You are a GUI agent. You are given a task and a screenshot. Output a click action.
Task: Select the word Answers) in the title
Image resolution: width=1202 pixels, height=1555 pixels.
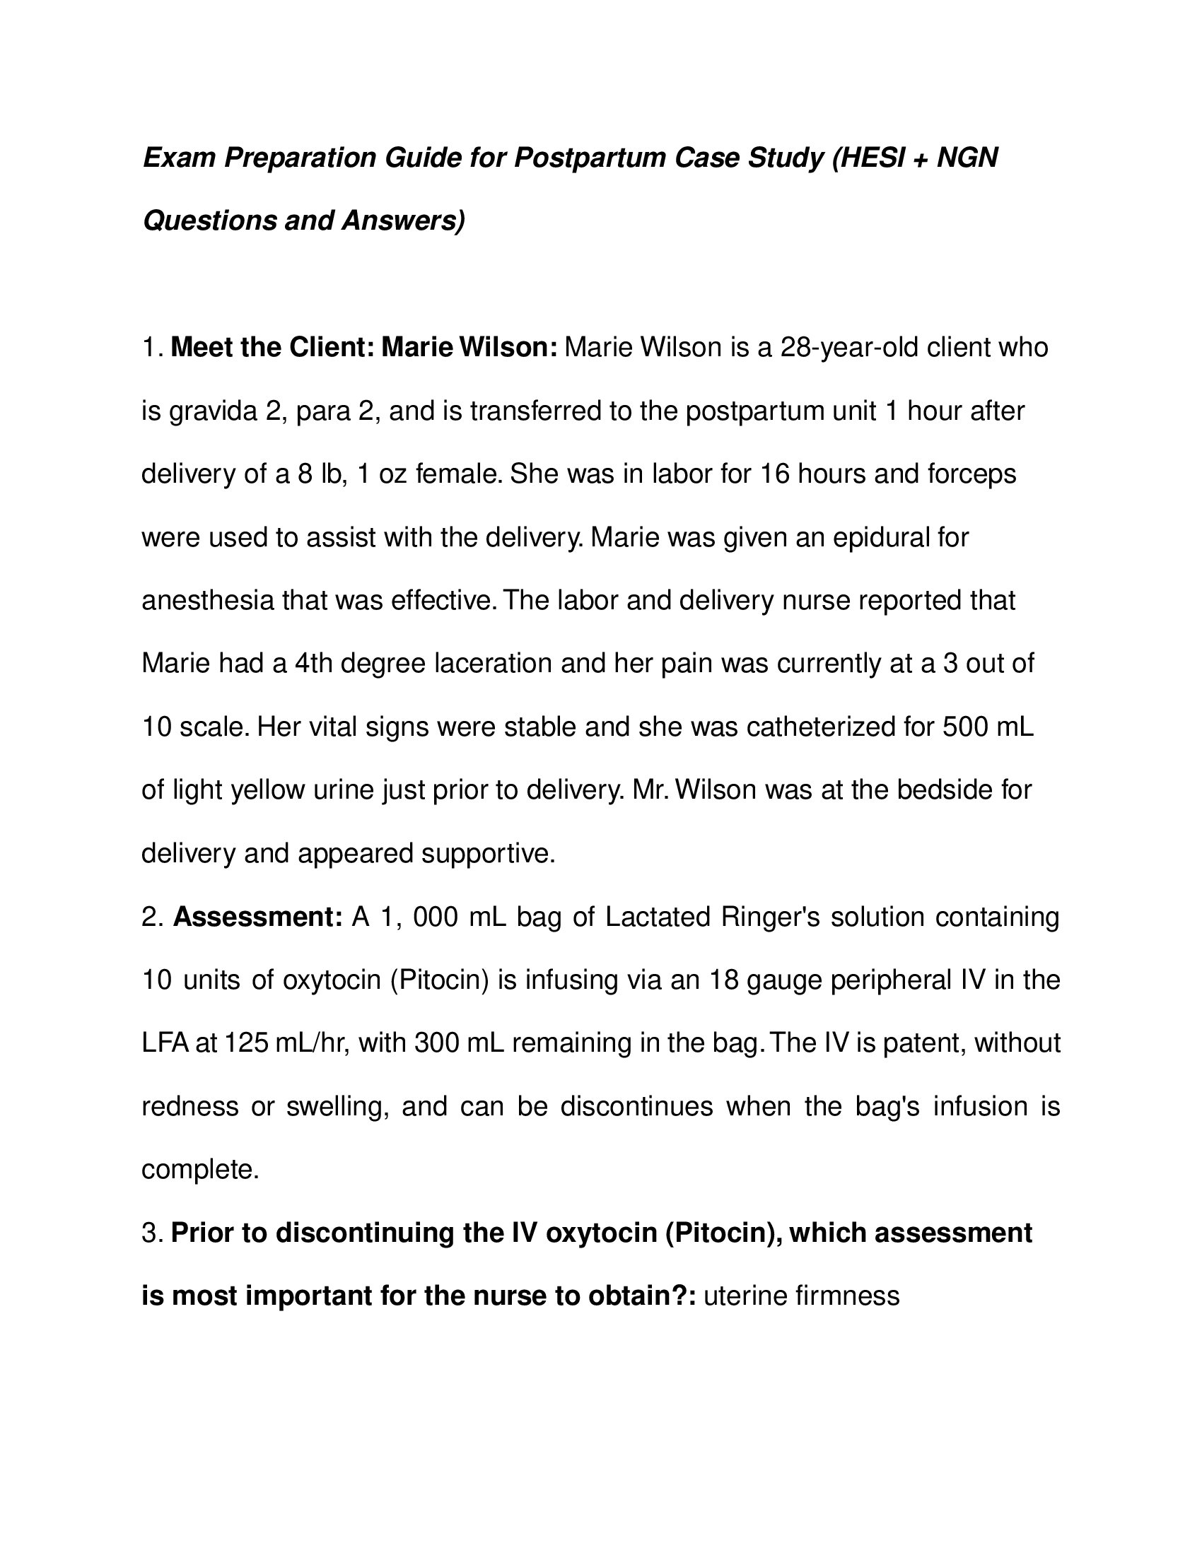pos(403,221)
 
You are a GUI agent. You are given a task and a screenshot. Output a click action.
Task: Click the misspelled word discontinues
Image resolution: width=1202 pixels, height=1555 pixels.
pos(636,1106)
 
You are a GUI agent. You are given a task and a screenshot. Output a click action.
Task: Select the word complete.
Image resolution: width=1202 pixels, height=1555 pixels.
pos(200,1170)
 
